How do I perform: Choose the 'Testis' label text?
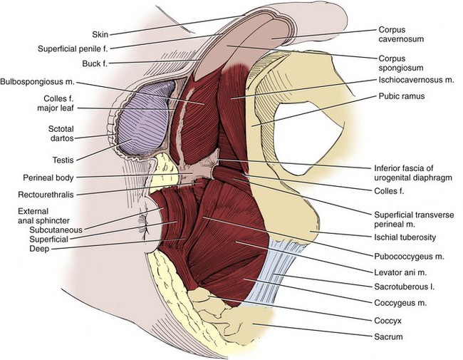click(65, 159)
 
